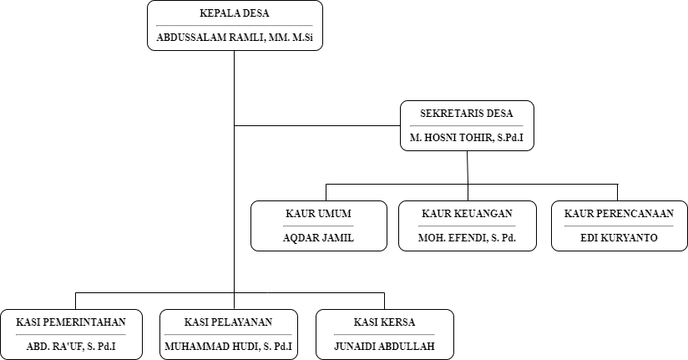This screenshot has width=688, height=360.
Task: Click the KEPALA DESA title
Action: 235,13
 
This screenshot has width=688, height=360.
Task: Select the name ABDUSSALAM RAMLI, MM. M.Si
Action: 235,38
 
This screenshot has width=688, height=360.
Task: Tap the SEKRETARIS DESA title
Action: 467,114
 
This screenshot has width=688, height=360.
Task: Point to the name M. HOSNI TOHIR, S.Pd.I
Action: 467,138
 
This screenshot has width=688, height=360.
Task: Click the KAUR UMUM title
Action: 318,214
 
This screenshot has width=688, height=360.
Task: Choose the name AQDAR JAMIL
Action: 318,238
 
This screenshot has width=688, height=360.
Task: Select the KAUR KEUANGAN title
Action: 467,214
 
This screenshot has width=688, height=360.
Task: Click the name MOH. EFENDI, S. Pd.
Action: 467,238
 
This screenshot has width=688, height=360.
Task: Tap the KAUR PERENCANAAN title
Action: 619,214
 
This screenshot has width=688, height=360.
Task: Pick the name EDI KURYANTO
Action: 619,238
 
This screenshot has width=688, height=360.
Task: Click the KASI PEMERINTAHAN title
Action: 71,322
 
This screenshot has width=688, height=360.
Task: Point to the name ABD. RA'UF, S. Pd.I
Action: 71,347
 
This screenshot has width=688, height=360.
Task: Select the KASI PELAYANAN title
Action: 228,322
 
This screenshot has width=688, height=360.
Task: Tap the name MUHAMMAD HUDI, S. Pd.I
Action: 228,347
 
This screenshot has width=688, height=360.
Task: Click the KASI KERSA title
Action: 384,322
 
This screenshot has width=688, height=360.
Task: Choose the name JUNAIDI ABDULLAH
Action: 384,347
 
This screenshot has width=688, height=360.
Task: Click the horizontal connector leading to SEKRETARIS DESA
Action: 317,126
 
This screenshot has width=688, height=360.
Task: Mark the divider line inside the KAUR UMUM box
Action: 318,226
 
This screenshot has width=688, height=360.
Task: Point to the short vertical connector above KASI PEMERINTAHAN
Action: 75,302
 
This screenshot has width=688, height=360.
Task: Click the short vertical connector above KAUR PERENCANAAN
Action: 618,193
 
